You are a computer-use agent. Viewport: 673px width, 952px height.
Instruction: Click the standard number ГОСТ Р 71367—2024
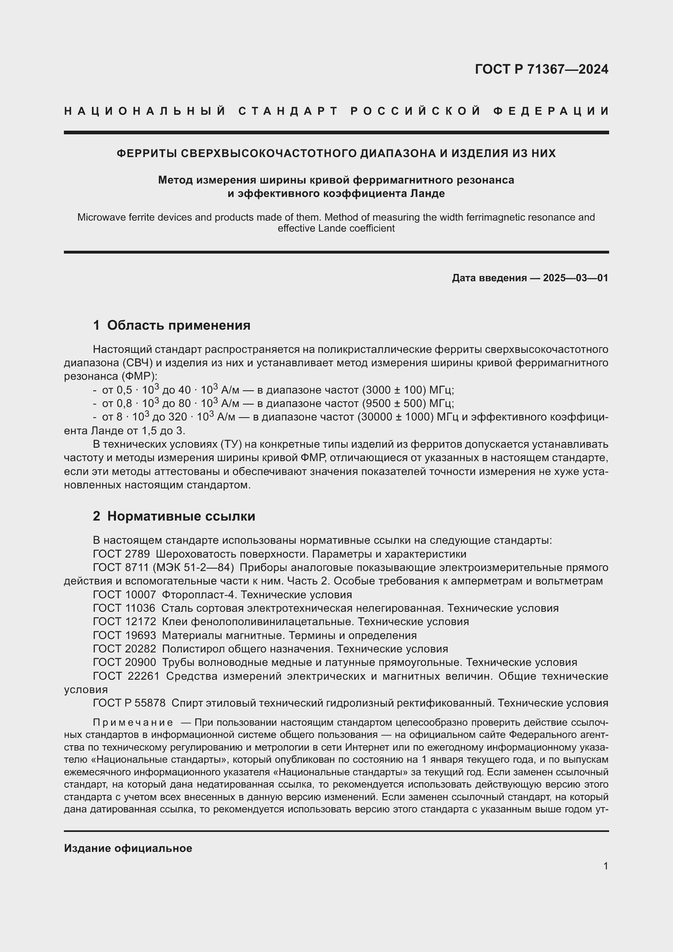coord(541,69)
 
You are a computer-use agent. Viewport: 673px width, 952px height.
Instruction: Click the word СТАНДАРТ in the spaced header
coord(289,111)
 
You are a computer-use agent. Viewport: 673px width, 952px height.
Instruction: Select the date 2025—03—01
coord(575,278)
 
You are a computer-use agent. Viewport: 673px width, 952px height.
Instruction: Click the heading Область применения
coord(179,326)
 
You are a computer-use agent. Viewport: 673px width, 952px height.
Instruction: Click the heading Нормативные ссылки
coord(181,516)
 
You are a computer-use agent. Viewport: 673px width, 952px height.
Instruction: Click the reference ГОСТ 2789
coord(121,554)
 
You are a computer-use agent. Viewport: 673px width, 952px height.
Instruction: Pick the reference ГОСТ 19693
coord(125,636)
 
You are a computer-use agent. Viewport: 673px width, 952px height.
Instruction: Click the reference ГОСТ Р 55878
coord(129,703)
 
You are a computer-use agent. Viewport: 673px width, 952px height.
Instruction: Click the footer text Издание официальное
coord(128,848)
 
